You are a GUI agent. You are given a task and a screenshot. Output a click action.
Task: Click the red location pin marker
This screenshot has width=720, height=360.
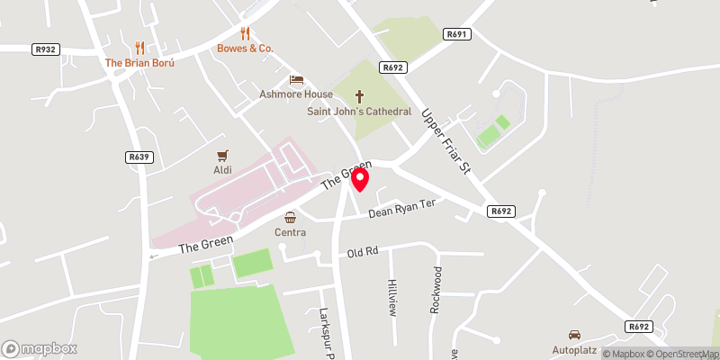360,179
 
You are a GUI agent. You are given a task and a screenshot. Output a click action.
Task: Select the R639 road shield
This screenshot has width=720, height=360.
138,157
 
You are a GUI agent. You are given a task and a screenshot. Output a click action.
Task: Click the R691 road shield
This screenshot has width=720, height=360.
456,34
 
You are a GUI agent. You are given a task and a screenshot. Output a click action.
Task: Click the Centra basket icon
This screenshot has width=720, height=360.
291,217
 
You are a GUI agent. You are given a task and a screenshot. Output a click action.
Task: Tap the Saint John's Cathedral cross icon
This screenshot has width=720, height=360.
360,95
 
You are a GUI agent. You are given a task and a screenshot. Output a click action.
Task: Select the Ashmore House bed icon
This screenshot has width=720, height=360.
296,80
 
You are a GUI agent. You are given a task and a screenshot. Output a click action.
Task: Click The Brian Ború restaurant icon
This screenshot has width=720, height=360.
139,48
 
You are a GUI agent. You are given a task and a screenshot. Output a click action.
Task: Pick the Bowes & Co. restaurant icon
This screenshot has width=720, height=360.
245,32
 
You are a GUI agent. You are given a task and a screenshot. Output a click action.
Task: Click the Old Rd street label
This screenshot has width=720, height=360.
363,252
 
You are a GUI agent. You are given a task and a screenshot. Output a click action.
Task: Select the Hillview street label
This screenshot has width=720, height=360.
392,297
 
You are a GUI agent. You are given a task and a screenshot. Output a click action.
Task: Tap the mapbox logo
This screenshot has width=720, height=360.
40,348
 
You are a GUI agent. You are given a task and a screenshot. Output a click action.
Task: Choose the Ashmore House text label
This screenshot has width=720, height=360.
290,94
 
